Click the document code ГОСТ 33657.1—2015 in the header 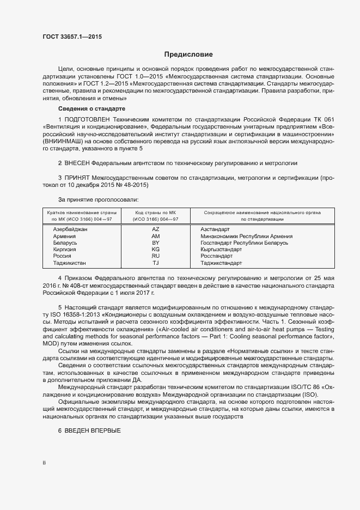click(x=71, y=37)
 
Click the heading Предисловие click(x=188, y=54)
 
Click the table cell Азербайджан click(x=70, y=229)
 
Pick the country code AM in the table click(x=155, y=236)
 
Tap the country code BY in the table click(x=155, y=243)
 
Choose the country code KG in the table click(x=155, y=250)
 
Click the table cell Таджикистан click(x=69, y=263)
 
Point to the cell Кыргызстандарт click(x=221, y=250)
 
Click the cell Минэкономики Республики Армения click(x=246, y=236)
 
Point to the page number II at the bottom click(x=45, y=463)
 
